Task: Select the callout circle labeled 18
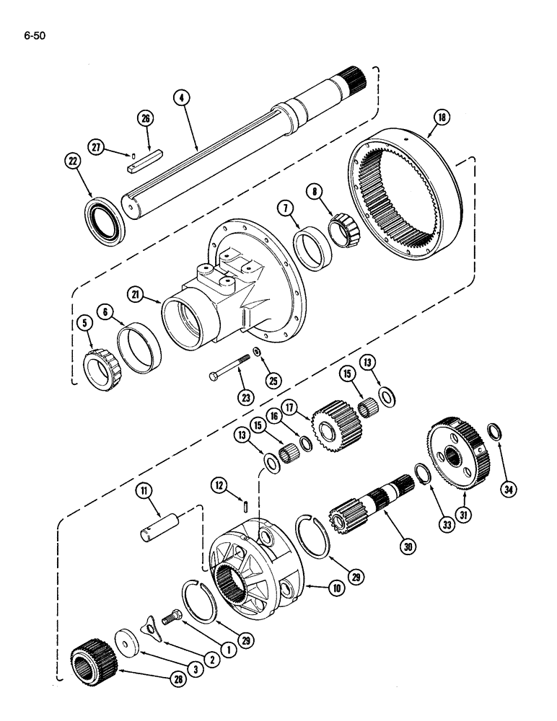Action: (x=441, y=118)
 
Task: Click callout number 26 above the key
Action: (x=146, y=119)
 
